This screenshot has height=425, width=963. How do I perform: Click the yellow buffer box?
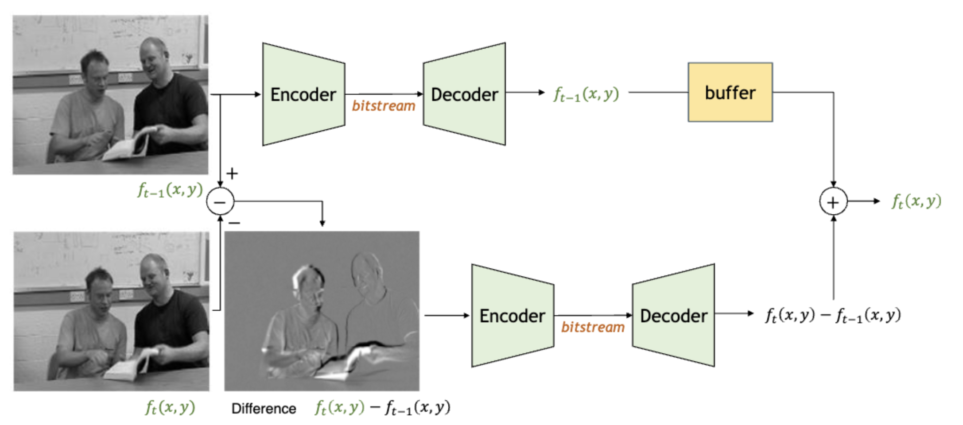(x=730, y=92)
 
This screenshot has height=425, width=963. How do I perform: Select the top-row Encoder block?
(x=303, y=94)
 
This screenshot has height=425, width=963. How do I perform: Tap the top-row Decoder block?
(x=464, y=94)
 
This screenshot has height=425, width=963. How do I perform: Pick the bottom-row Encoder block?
(x=513, y=316)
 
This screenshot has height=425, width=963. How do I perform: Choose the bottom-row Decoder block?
(x=673, y=316)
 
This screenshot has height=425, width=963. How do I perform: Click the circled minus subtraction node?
(x=220, y=201)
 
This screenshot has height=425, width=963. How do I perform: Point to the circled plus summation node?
(x=833, y=202)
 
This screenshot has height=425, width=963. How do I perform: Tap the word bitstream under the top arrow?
(x=384, y=106)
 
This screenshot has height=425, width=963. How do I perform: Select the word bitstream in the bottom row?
(x=593, y=327)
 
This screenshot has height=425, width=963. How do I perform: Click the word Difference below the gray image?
(x=264, y=408)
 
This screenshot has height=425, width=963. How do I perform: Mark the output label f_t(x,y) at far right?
(x=916, y=201)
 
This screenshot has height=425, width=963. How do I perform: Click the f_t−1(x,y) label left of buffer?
(x=586, y=94)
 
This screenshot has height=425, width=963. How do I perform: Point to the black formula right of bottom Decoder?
(x=833, y=315)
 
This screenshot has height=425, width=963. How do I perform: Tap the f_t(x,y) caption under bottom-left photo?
(x=170, y=407)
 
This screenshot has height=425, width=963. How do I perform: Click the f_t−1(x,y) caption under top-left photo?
(x=170, y=190)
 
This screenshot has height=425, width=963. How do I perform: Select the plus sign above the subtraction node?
(x=232, y=173)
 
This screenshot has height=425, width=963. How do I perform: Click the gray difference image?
(x=322, y=310)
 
